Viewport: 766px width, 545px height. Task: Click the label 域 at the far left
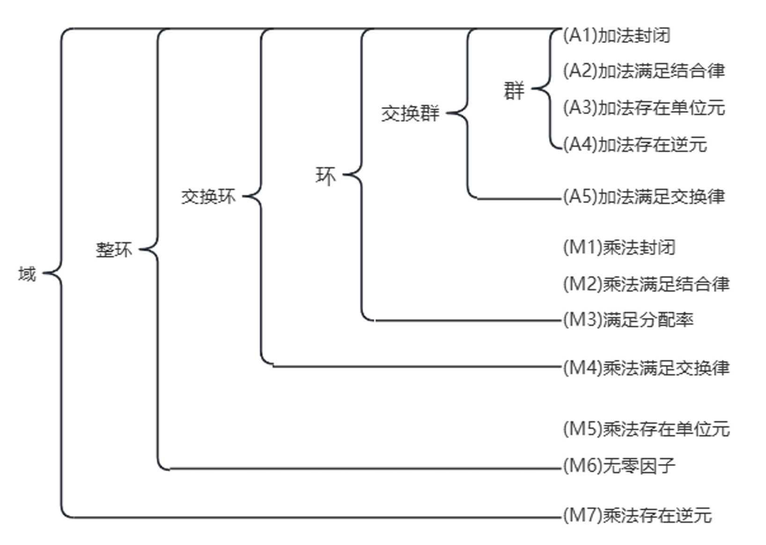click(x=27, y=274)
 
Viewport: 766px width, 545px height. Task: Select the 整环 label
click(x=114, y=250)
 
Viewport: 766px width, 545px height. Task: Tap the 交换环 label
click(x=208, y=197)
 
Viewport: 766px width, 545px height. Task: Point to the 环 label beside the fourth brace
click(x=325, y=176)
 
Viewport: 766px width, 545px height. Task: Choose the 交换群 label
click(x=410, y=113)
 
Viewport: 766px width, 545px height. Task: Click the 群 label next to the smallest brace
click(x=514, y=91)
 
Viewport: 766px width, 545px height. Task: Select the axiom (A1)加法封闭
click(x=617, y=36)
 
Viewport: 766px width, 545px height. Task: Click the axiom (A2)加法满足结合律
click(x=644, y=71)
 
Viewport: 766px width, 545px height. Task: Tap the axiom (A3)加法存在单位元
click(x=644, y=108)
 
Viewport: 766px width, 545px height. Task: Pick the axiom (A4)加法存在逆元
click(x=635, y=144)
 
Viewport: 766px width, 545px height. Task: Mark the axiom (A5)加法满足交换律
click(x=644, y=197)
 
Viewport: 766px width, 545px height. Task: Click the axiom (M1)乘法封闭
click(x=619, y=248)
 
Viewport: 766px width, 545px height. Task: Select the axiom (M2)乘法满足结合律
click(x=646, y=284)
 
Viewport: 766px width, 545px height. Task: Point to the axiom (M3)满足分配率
click(x=628, y=320)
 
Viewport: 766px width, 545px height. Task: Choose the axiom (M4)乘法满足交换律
click(x=646, y=368)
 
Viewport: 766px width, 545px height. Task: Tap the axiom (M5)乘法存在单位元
click(x=646, y=429)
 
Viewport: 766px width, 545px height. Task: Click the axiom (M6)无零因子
click(x=619, y=466)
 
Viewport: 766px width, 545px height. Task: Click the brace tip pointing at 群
click(x=532, y=88)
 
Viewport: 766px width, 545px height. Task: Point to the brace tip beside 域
click(x=43, y=273)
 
